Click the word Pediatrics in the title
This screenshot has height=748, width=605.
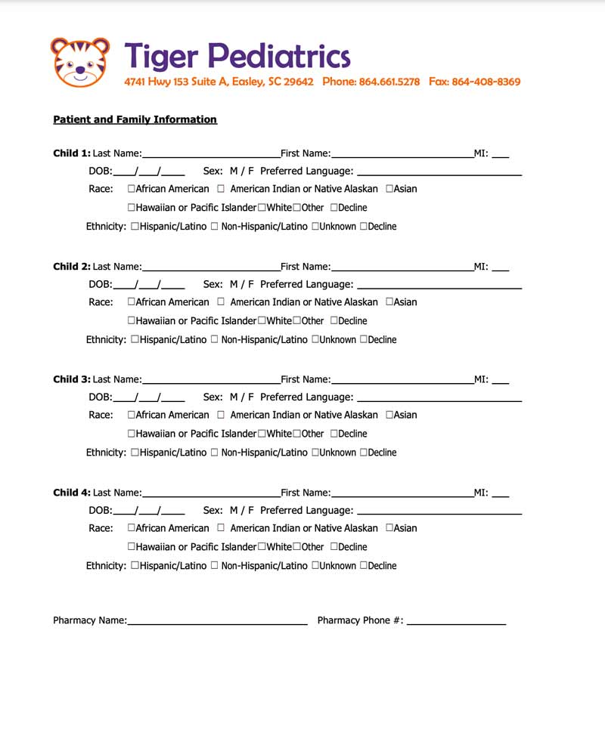279,56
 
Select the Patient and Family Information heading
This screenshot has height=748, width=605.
135,119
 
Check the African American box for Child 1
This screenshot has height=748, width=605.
132,189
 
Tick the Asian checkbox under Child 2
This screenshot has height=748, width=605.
389,302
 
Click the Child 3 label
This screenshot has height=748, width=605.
71,379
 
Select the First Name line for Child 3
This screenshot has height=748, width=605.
402,381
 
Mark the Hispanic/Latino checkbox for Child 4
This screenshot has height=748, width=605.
135,566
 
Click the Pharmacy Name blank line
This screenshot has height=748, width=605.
217,623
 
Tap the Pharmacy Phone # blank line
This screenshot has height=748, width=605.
456,623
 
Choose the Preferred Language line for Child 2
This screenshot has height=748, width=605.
439,287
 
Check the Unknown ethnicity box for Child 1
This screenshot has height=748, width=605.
315,227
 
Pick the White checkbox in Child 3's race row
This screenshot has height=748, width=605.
262,434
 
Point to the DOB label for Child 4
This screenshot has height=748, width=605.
100,510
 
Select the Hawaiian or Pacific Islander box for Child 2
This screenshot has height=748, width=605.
132,321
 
